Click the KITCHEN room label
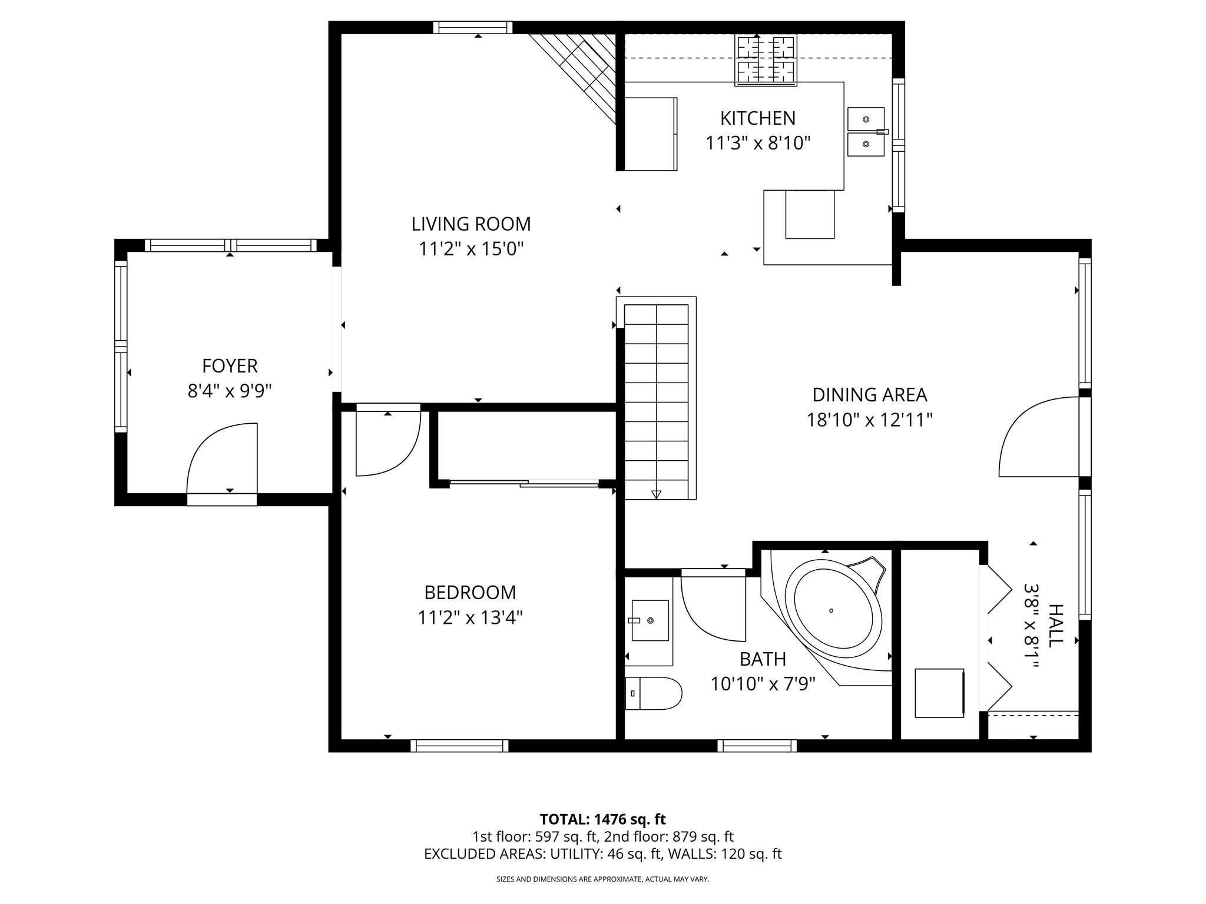[757, 118]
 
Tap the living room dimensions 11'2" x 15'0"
[471, 250]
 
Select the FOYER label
[230, 366]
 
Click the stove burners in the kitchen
[766, 59]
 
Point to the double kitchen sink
[866, 132]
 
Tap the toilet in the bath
[652, 693]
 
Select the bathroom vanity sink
[650, 620]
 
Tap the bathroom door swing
[713, 609]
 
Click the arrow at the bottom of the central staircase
[656, 494]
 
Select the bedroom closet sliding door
[524, 484]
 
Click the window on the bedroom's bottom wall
[459, 746]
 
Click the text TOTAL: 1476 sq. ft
[602, 819]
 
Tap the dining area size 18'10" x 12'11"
[869, 420]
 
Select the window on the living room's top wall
[473, 27]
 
